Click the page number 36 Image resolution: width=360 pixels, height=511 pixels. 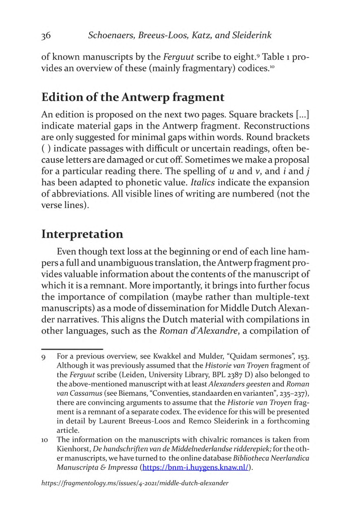tap(46, 35)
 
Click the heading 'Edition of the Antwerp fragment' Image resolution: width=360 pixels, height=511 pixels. tap(133, 98)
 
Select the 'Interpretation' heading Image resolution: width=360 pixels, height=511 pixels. tap(82, 234)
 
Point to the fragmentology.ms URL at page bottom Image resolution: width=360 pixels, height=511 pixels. tap(135, 483)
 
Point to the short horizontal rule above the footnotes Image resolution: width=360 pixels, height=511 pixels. tap(72, 349)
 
